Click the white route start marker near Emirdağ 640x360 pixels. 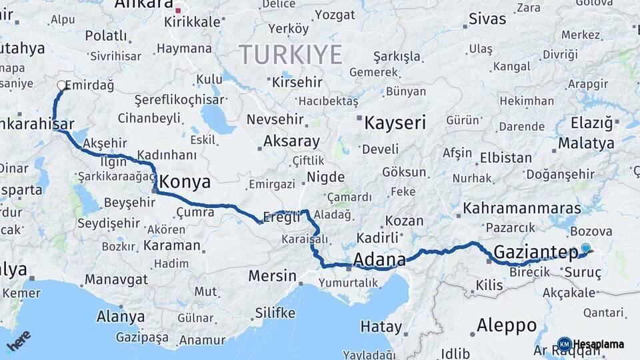tap(61, 85)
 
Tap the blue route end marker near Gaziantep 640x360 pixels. tap(585, 248)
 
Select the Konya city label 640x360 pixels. tap(185, 182)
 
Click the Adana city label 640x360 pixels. tap(379, 259)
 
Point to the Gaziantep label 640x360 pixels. tap(536, 252)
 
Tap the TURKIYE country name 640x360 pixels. tap(291, 54)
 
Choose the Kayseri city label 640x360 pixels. tap(395, 122)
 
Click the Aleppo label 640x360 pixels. tap(507, 325)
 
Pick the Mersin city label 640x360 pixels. tap(272, 275)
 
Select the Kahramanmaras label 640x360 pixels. tap(522, 208)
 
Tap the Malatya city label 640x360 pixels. tap(586, 143)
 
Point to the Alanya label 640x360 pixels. tap(121, 316)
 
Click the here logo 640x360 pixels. tap(19, 341)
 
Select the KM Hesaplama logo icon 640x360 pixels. tap(565, 345)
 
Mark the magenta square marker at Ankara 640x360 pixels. tap(177, 11)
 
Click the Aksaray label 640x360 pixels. tap(291, 141)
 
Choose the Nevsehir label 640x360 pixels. tap(275, 120)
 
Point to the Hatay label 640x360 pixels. tap(381, 327)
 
